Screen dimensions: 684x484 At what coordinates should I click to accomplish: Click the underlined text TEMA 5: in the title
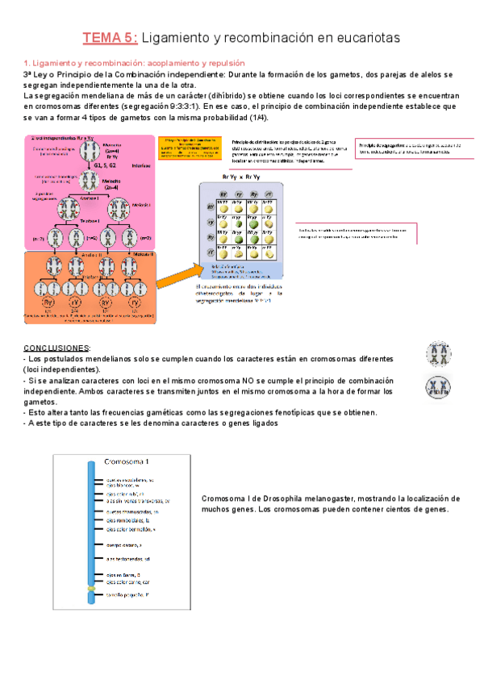click(x=112, y=37)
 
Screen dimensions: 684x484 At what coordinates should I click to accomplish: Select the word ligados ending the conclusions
click(x=260, y=424)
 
